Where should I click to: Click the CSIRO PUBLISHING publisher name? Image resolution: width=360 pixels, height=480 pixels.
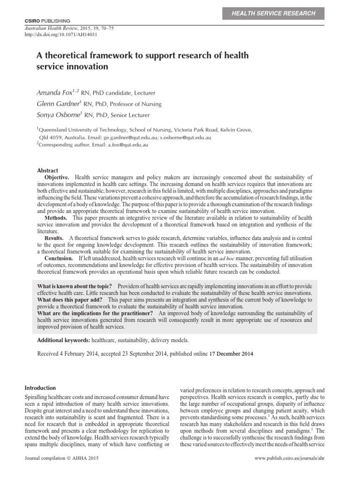click(x=46, y=21)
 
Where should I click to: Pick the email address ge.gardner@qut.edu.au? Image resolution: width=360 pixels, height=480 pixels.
click(x=133, y=138)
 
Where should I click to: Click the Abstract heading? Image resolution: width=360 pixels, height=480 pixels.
click(x=47, y=171)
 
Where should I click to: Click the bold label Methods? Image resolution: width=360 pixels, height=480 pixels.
click(x=55, y=218)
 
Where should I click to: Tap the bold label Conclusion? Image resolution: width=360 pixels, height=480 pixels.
click(x=59, y=258)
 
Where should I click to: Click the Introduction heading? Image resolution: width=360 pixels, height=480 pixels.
click(x=40, y=388)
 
